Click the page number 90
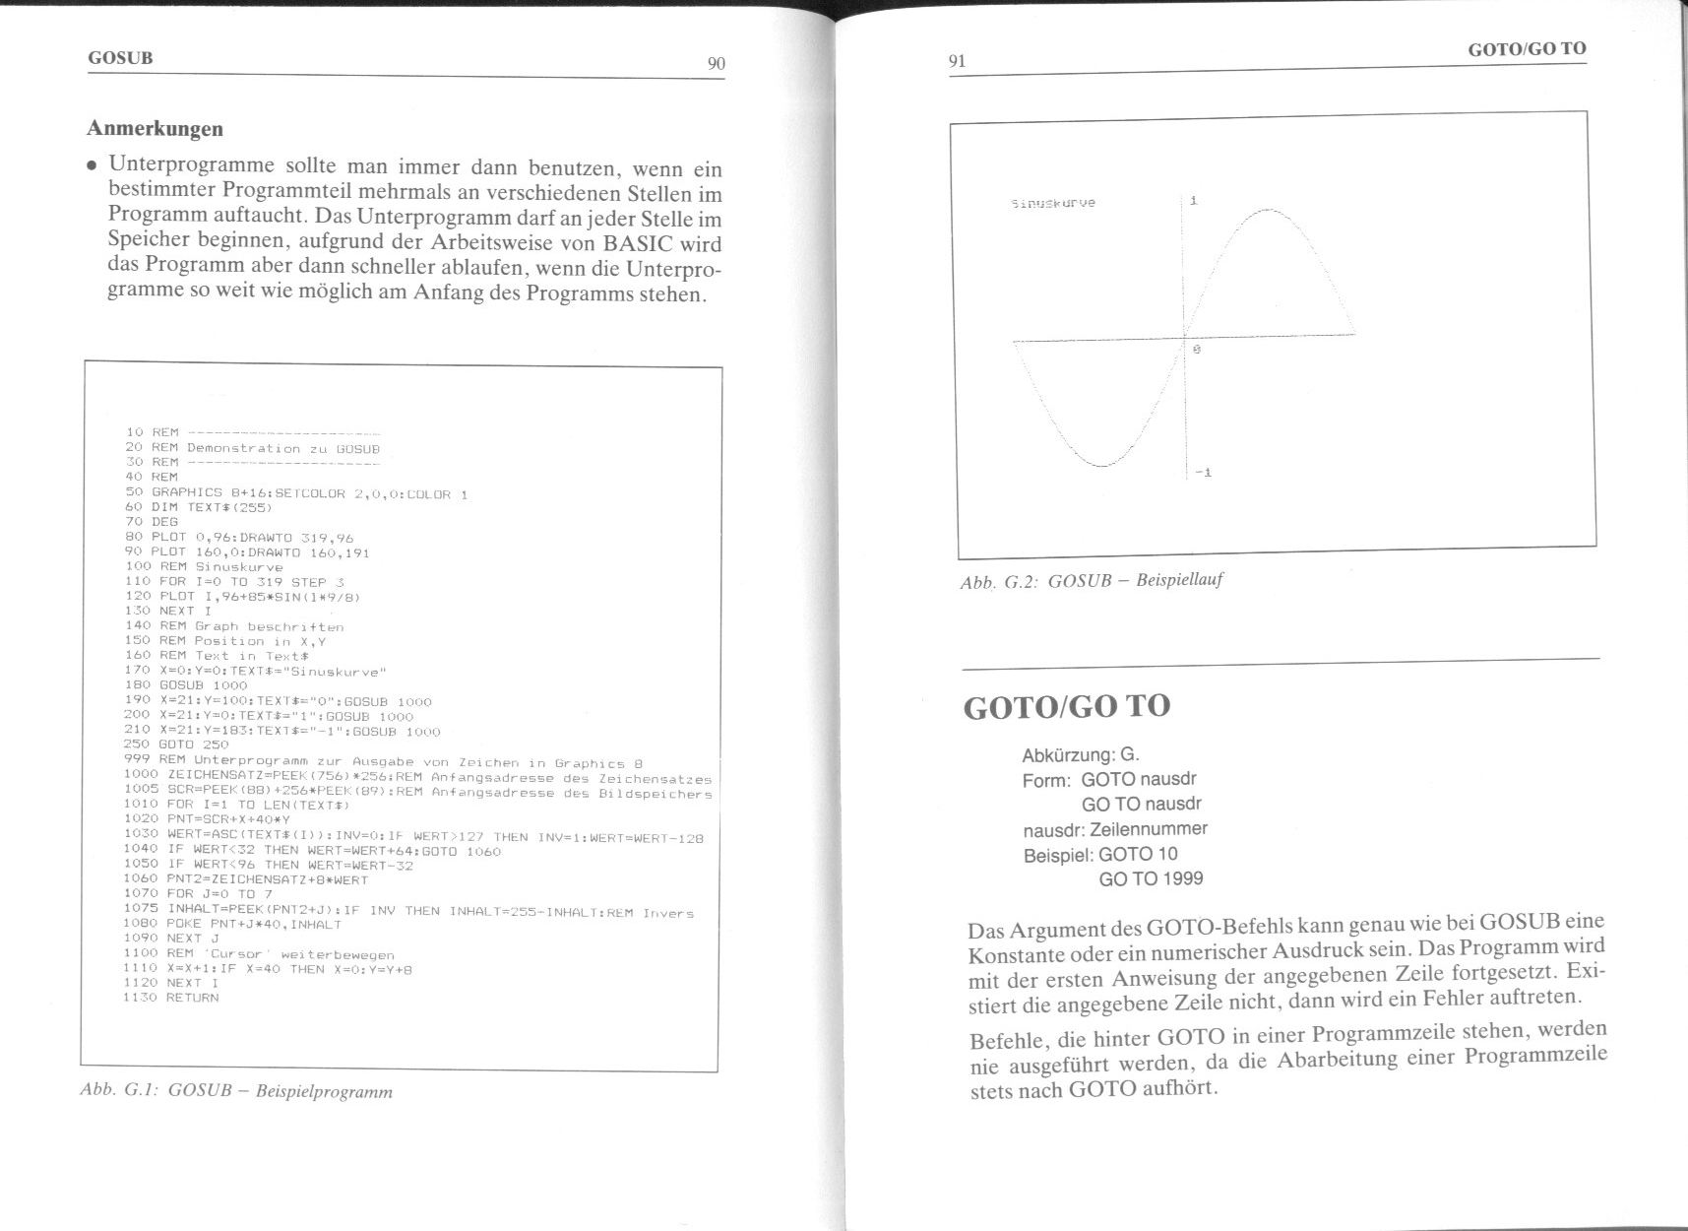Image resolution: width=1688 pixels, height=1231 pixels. pyautogui.click(x=716, y=64)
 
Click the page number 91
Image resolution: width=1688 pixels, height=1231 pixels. pyautogui.click(x=957, y=61)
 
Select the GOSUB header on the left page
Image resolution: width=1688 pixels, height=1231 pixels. pyautogui.click(x=120, y=57)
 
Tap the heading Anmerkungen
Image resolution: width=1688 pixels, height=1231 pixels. pyautogui.click(x=155, y=128)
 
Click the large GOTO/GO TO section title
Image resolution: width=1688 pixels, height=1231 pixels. pyautogui.click(x=1066, y=706)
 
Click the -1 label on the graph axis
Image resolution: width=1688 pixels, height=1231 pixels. pyautogui.click(x=1202, y=473)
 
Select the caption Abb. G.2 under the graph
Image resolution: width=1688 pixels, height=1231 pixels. pyautogui.click(x=1091, y=580)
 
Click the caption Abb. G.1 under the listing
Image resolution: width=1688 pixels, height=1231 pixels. pyautogui.click(x=236, y=1090)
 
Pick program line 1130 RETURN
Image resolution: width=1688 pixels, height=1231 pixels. pyautogui.click(x=170, y=998)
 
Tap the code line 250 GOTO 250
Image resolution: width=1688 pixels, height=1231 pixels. pyautogui.click(x=177, y=745)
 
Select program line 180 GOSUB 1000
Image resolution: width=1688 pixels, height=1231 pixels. pyautogui.click(x=186, y=684)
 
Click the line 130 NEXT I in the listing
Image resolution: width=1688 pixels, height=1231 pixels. pyautogui.click(x=168, y=611)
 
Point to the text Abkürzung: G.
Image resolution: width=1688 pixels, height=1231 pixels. pyautogui.click(x=1080, y=755)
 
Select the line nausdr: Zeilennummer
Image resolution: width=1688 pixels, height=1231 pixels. pyautogui.click(x=1114, y=829)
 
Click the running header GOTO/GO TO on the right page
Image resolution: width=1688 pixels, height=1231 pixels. pyautogui.click(x=1527, y=48)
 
